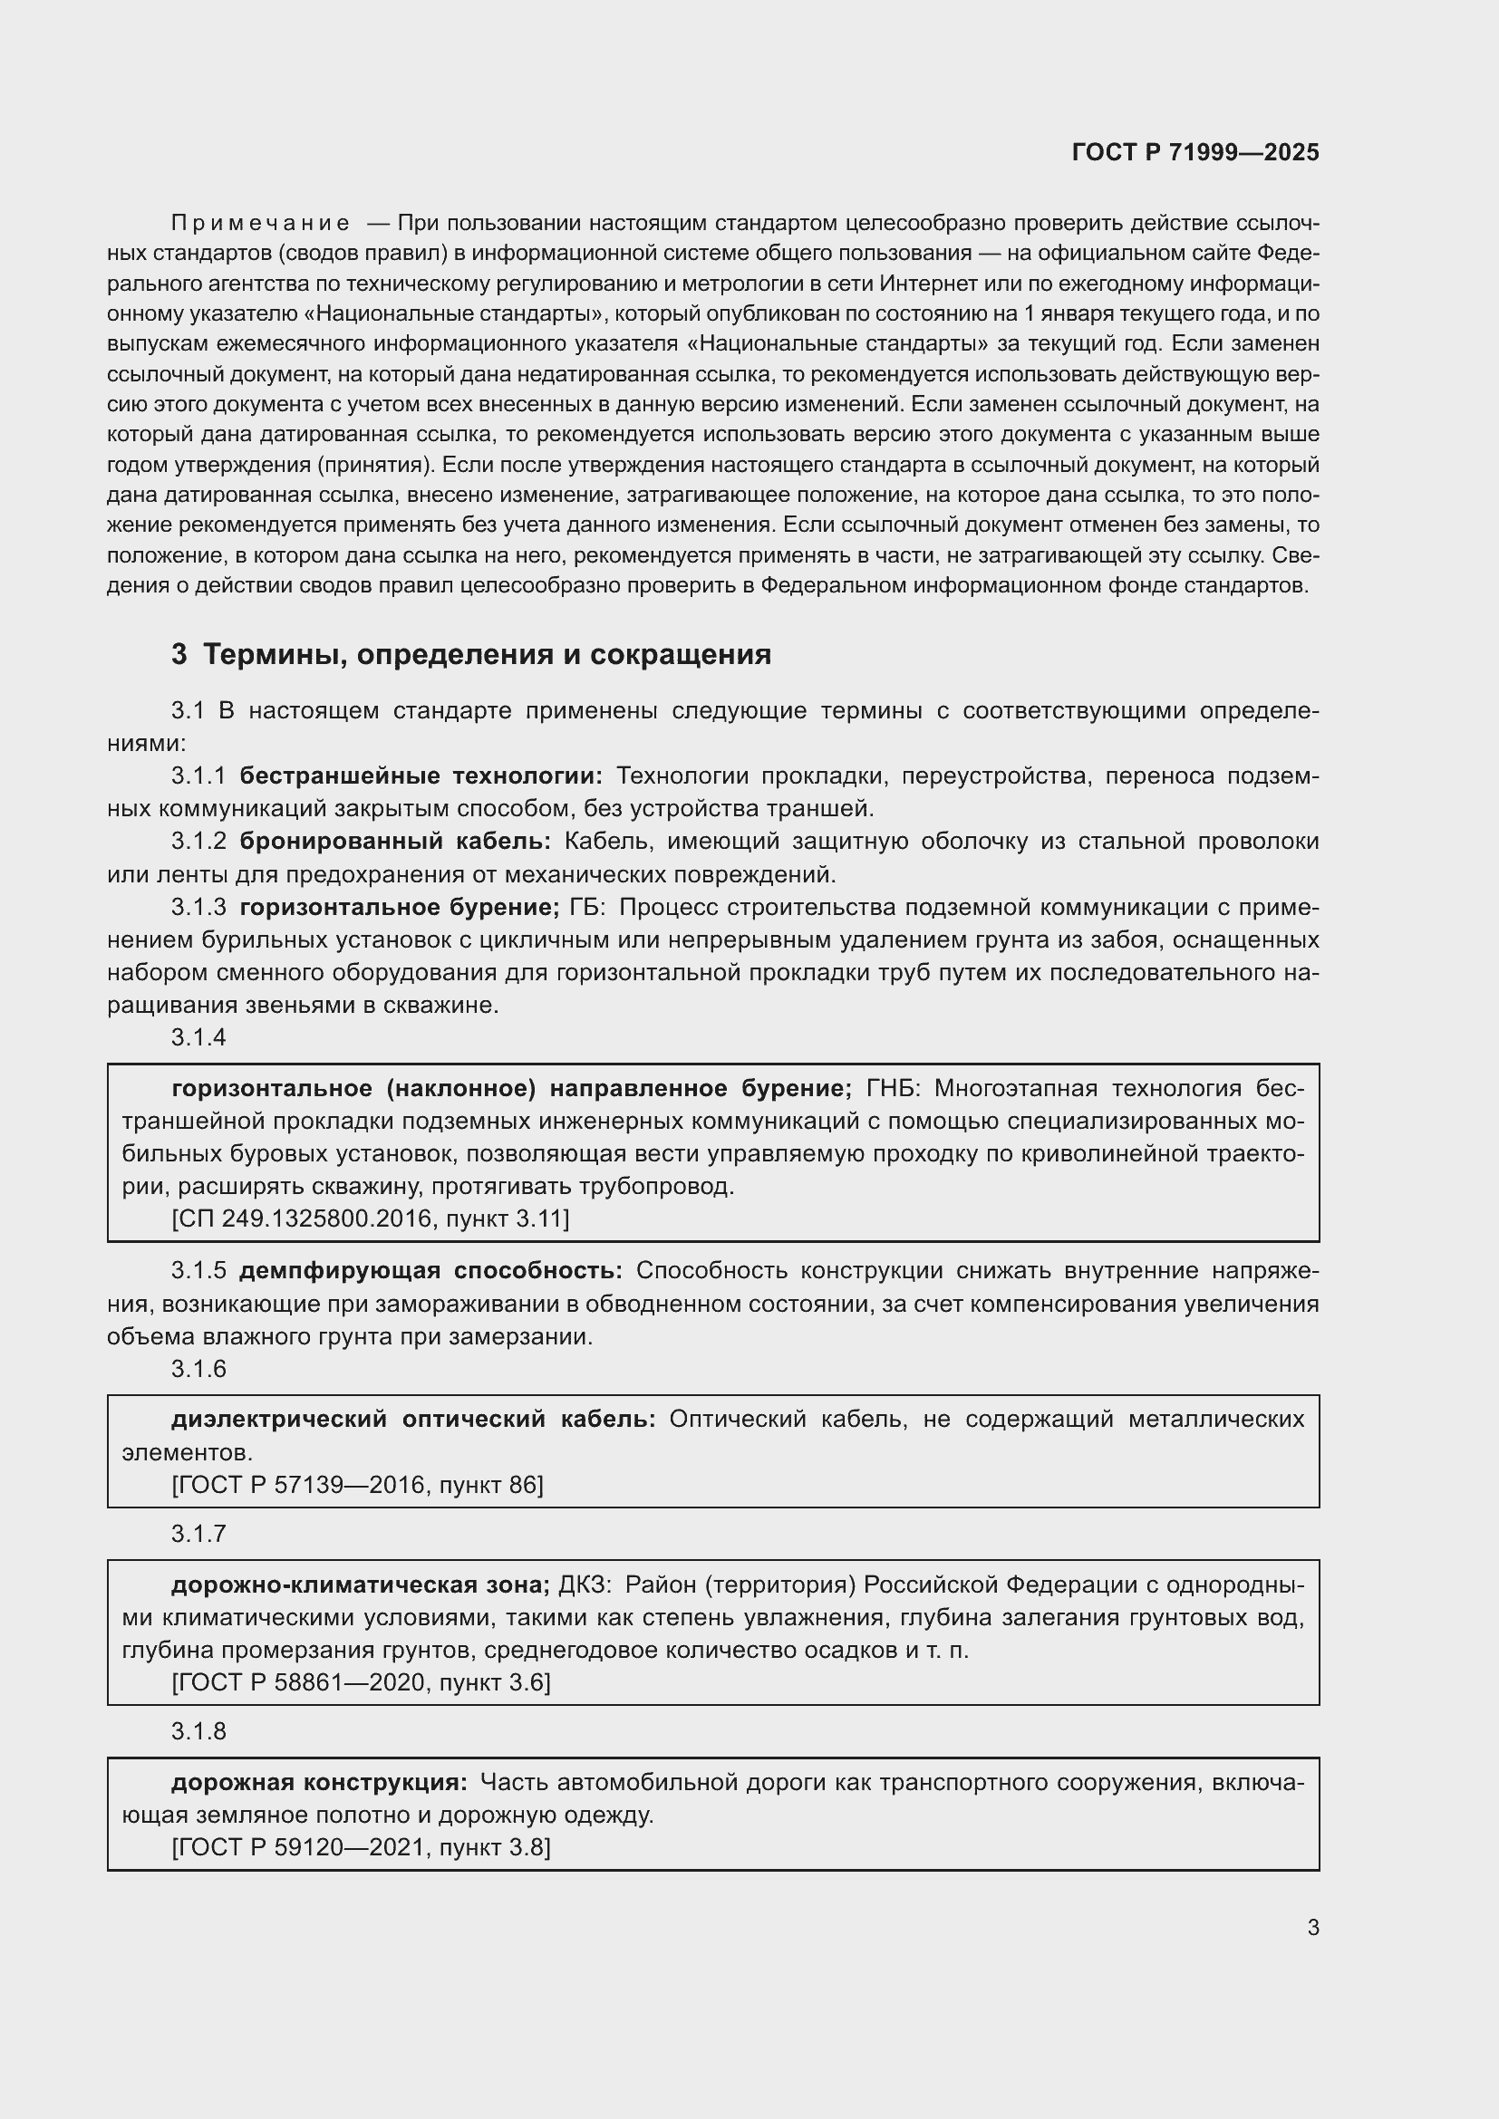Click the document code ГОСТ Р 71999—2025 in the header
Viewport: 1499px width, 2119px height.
coord(1195,153)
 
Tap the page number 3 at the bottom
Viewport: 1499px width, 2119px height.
coord(1312,1927)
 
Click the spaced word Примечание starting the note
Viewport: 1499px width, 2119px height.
coord(260,224)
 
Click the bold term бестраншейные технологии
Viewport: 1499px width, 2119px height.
coord(420,776)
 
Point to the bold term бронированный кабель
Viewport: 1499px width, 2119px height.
coord(394,842)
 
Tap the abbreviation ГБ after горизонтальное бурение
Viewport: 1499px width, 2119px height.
coord(585,907)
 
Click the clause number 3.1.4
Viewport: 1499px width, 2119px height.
coord(198,1037)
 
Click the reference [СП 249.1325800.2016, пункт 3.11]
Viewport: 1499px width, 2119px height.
coord(370,1219)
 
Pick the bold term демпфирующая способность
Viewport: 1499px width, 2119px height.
coord(430,1271)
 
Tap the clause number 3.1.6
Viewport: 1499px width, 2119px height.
coord(198,1369)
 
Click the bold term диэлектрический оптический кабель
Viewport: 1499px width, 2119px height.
coord(412,1420)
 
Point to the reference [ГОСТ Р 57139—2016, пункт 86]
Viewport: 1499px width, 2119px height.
coord(357,1485)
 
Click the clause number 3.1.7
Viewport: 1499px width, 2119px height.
coord(198,1534)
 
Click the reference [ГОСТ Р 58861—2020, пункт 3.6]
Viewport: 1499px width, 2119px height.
coord(361,1682)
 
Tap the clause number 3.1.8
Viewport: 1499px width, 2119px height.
coord(198,1731)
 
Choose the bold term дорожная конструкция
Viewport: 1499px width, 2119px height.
coord(318,1782)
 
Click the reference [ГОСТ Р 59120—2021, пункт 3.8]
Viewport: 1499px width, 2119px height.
coord(361,1847)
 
